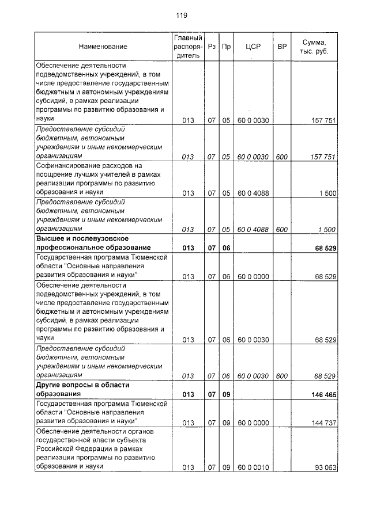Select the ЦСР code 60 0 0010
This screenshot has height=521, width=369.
pos(253,467)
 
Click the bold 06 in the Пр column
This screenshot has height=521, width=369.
pos(226,248)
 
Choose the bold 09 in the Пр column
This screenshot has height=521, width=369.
pos(226,395)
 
